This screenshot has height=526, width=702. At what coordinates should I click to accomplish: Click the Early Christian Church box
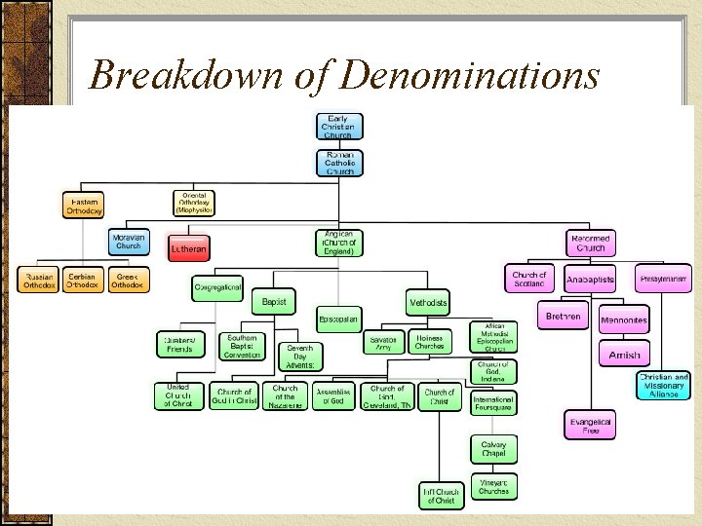(x=338, y=127)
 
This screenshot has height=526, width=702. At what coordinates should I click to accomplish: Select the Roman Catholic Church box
(x=338, y=162)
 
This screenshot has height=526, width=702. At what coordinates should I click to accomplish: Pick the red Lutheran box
(x=187, y=249)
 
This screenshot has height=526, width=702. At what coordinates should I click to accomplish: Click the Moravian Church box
(x=129, y=242)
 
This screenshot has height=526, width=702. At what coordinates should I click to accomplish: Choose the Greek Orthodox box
(x=128, y=281)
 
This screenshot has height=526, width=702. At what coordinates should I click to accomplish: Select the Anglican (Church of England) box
(x=339, y=243)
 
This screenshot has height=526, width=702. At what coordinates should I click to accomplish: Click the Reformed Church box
(x=591, y=243)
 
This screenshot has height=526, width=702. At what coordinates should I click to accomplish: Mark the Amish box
(x=624, y=355)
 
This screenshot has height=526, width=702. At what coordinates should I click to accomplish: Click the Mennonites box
(x=624, y=319)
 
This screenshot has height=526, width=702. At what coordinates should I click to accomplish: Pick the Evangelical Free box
(x=591, y=426)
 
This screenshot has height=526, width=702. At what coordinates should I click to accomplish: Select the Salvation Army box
(x=382, y=343)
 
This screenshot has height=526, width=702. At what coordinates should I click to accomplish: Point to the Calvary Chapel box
(x=493, y=449)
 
